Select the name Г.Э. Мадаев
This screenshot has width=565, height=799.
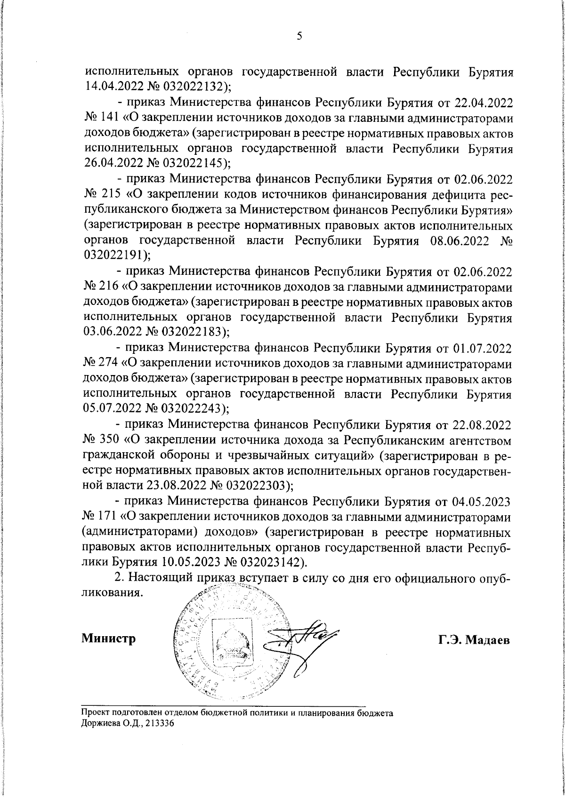474,640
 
